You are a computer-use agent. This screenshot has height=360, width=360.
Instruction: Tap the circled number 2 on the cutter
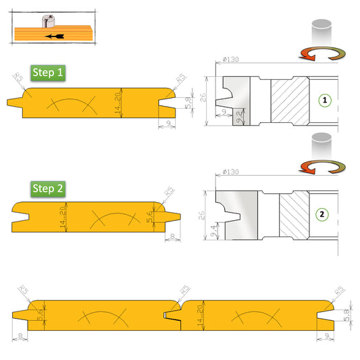pyautogui.click(x=323, y=215)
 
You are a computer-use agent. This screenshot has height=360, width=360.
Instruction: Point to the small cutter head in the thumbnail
pyautogui.click(x=46, y=22)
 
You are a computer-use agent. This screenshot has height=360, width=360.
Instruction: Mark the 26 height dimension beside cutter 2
pyautogui.click(x=201, y=215)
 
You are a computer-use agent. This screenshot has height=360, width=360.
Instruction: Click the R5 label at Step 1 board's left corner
pyautogui.click(x=18, y=80)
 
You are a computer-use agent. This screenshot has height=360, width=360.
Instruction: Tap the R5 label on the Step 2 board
pyautogui.click(x=170, y=192)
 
